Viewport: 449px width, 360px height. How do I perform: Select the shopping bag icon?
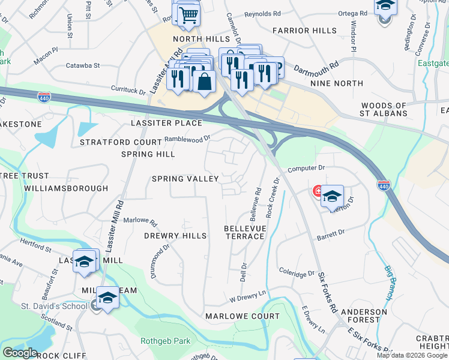pyautogui.click(x=204, y=81)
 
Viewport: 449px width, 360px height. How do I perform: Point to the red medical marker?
pyautogui.click(x=316, y=192)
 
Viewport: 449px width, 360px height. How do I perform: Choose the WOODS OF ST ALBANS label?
pyautogui.click(x=384, y=110)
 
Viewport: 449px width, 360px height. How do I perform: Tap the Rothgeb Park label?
pyautogui.click(x=165, y=341)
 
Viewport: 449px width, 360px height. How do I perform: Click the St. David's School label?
pyautogui.click(x=56, y=307)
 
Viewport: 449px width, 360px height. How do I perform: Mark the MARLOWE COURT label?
pyautogui.click(x=243, y=316)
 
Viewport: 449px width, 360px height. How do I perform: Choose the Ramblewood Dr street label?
pyautogui.click(x=187, y=139)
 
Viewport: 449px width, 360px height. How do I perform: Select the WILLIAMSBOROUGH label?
pyautogui.click(x=66, y=188)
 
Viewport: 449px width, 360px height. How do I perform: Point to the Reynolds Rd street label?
pyautogui.click(x=262, y=13)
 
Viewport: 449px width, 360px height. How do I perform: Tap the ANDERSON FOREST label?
pyautogui.click(x=364, y=316)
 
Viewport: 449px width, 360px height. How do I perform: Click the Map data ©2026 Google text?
pyautogui.click(x=411, y=355)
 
